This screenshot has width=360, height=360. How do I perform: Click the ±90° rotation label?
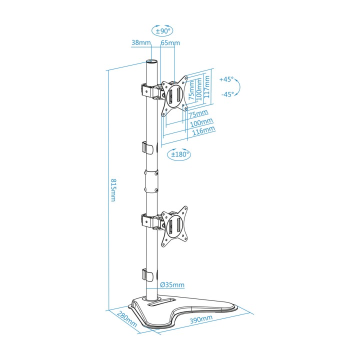[x=162, y=31]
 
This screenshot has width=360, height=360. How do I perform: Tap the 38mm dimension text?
[x=141, y=42]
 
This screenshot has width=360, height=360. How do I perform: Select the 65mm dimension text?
[x=170, y=42]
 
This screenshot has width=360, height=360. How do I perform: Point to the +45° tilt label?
[x=226, y=79]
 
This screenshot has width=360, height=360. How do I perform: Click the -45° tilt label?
[x=227, y=94]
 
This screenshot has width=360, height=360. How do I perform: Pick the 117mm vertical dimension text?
[x=207, y=87]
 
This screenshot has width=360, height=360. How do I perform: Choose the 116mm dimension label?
[x=203, y=130]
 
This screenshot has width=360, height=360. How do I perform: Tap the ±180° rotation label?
[x=179, y=154]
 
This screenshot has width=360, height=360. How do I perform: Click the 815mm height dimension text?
[x=113, y=190]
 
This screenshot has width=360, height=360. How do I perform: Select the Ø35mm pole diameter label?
[x=172, y=284]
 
